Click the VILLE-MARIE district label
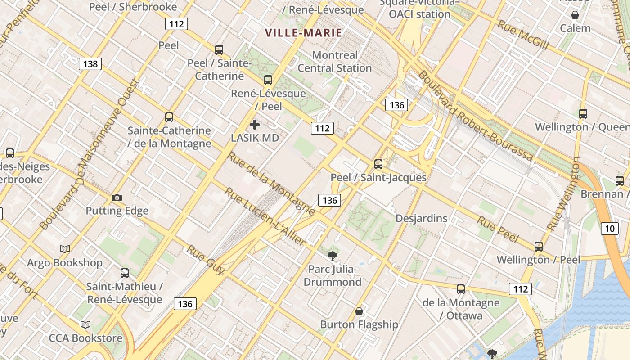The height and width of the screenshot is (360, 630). [303, 33]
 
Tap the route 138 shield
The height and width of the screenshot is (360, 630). [90, 64]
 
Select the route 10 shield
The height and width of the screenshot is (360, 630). [609, 228]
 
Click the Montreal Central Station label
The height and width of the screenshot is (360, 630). [334, 62]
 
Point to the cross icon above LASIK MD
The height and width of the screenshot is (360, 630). [255, 125]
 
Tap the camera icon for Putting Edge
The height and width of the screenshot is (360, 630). [117, 198]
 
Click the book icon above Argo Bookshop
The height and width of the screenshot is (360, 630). [65, 249]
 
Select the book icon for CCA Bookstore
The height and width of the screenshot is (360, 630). [85, 324]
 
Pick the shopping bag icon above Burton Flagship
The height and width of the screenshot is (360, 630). [359, 311]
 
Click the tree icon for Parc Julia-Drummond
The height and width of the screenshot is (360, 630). [333, 256]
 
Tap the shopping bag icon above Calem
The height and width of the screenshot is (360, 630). [575, 15]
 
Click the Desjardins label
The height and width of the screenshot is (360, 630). [421, 218]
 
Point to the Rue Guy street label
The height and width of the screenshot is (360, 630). [205, 260]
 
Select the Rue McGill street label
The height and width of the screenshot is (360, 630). [523, 35]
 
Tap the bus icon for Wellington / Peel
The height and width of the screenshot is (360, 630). [539, 247]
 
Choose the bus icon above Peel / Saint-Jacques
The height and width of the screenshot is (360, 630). [378, 164]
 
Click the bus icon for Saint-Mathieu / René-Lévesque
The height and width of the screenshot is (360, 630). [125, 273]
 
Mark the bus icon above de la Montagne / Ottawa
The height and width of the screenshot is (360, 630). [461, 289]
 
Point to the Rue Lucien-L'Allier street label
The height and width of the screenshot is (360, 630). [265, 217]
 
